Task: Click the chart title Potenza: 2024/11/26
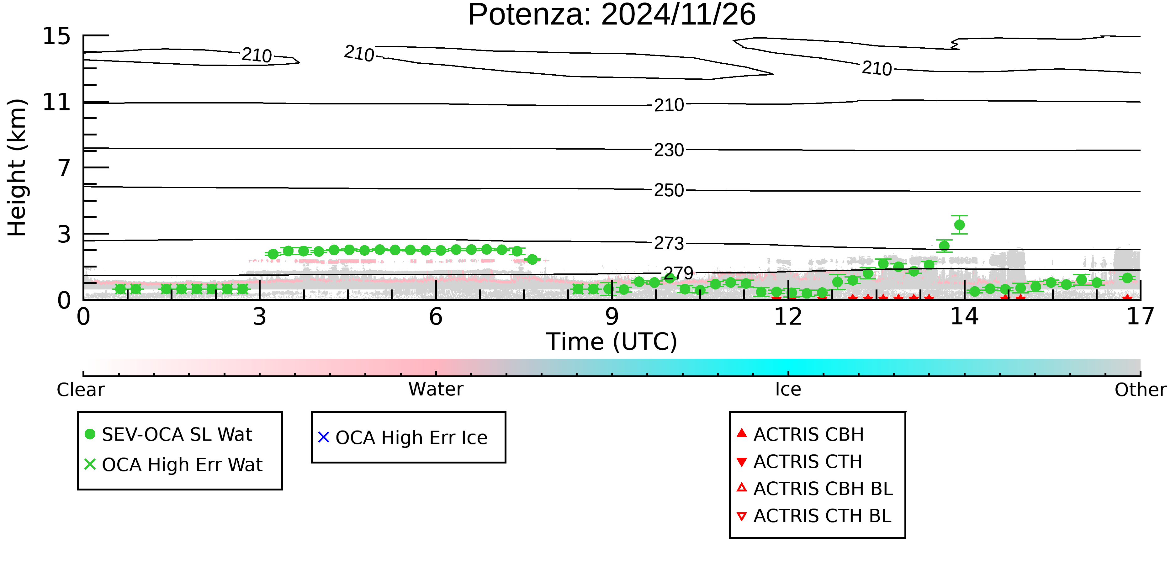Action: click(x=612, y=15)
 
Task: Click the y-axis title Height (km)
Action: click(x=17, y=167)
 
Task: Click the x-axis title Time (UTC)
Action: click(x=612, y=342)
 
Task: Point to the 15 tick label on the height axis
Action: click(x=57, y=36)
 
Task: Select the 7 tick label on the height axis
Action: click(x=64, y=168)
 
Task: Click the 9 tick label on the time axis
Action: click(x=612, y=317)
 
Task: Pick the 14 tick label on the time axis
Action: click(x=964, y=317)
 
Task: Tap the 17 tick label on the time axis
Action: click(x=1140, y=317)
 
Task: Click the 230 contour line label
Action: click(x=669, y=150)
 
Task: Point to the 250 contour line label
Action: click(x=669, y=190)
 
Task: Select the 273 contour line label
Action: click(x=669, y=244)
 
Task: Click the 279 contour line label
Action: click(x=678, y=273)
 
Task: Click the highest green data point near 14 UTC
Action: click(x=959, y=225)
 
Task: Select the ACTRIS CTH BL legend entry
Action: click(x=814, y=516)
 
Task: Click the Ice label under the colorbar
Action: click(x=788, y=390)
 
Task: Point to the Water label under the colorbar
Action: click(x=436, y=390)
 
